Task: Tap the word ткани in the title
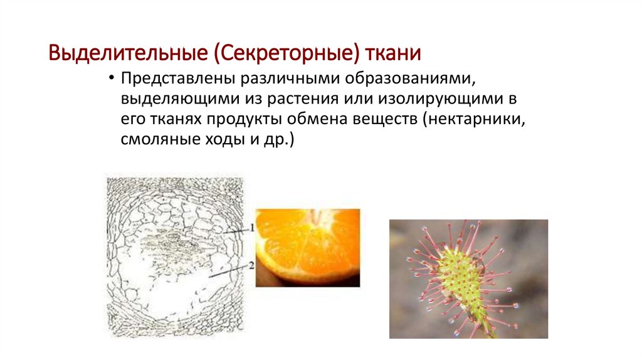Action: coord(394,53)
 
